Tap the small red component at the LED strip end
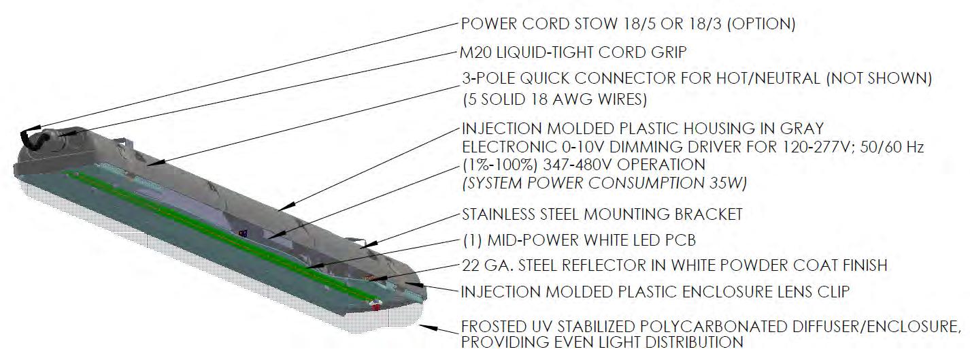pos(376,307)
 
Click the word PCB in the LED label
pos(680,240)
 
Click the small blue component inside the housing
pos(242,233)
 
